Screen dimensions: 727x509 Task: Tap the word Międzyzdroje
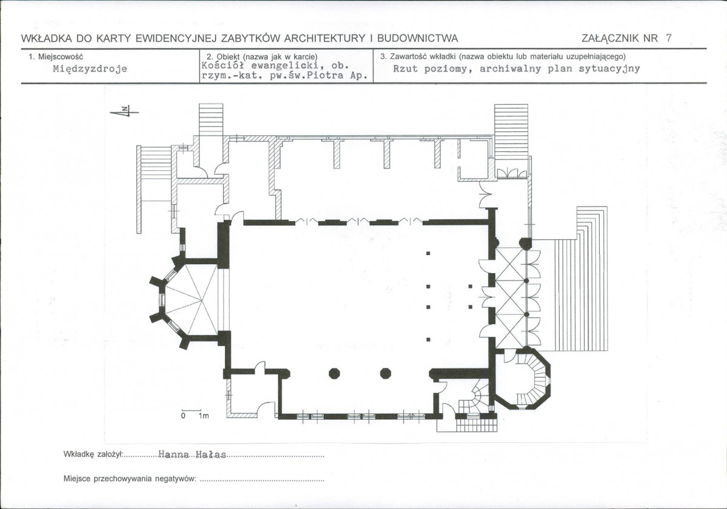90,69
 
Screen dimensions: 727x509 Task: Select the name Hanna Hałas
192,455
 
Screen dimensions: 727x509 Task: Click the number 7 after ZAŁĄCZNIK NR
668,38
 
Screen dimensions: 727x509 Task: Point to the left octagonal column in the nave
335,373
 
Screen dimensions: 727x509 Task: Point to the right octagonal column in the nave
385,373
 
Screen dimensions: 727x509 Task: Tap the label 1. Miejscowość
56,56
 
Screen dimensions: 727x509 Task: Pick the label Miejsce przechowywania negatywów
130,479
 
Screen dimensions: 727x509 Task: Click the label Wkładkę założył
93,454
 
